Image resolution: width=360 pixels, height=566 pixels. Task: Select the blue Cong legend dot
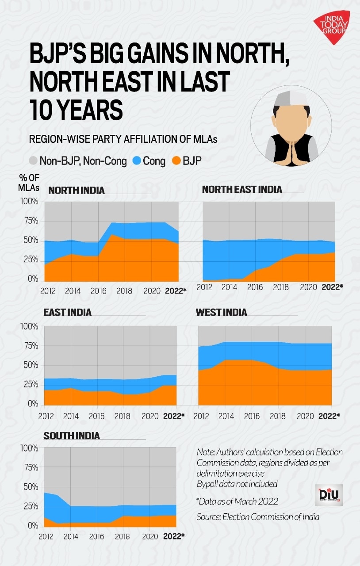136,161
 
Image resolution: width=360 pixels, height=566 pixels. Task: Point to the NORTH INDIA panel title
77,191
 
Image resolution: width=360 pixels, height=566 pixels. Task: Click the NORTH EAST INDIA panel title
242,189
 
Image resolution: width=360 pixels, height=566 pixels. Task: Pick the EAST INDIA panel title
67,312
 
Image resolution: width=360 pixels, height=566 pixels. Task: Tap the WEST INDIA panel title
222,313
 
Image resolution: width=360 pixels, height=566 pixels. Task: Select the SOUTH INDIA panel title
72,436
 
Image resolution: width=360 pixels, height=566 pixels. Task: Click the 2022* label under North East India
332,287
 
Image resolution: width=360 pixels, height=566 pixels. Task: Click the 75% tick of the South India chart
30,467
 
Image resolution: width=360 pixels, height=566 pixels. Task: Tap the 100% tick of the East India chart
29,327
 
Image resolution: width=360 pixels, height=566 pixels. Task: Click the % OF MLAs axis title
29,183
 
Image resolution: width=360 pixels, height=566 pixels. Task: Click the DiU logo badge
329,495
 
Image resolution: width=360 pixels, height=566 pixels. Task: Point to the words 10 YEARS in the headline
76,109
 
